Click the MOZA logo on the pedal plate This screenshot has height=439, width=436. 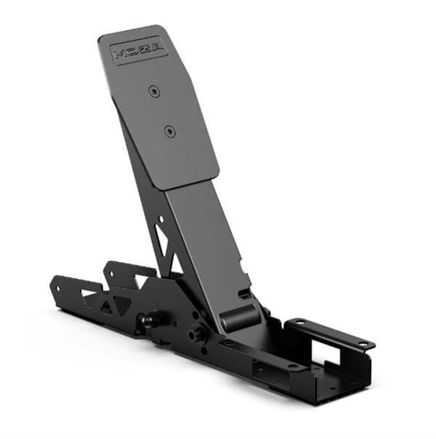140,50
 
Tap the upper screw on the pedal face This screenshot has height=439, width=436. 154,92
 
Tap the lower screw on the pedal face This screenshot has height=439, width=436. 169,131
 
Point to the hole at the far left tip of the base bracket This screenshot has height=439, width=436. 58,288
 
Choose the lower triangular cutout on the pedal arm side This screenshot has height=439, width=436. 177,264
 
